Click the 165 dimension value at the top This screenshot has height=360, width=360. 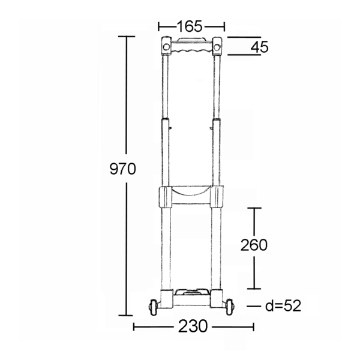190,26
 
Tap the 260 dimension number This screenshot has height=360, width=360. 254,245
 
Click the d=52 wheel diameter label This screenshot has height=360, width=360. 283,306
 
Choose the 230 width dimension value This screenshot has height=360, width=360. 193,326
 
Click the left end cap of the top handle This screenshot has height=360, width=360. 166,46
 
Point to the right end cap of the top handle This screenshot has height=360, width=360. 217,46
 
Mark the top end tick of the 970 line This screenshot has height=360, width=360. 126,37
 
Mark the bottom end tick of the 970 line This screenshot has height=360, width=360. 126,314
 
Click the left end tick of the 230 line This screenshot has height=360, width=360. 134,326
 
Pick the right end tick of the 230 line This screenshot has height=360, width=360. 253,326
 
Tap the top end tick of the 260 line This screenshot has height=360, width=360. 255,208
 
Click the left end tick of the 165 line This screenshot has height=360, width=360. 159,26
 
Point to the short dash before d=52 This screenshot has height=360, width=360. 253,306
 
